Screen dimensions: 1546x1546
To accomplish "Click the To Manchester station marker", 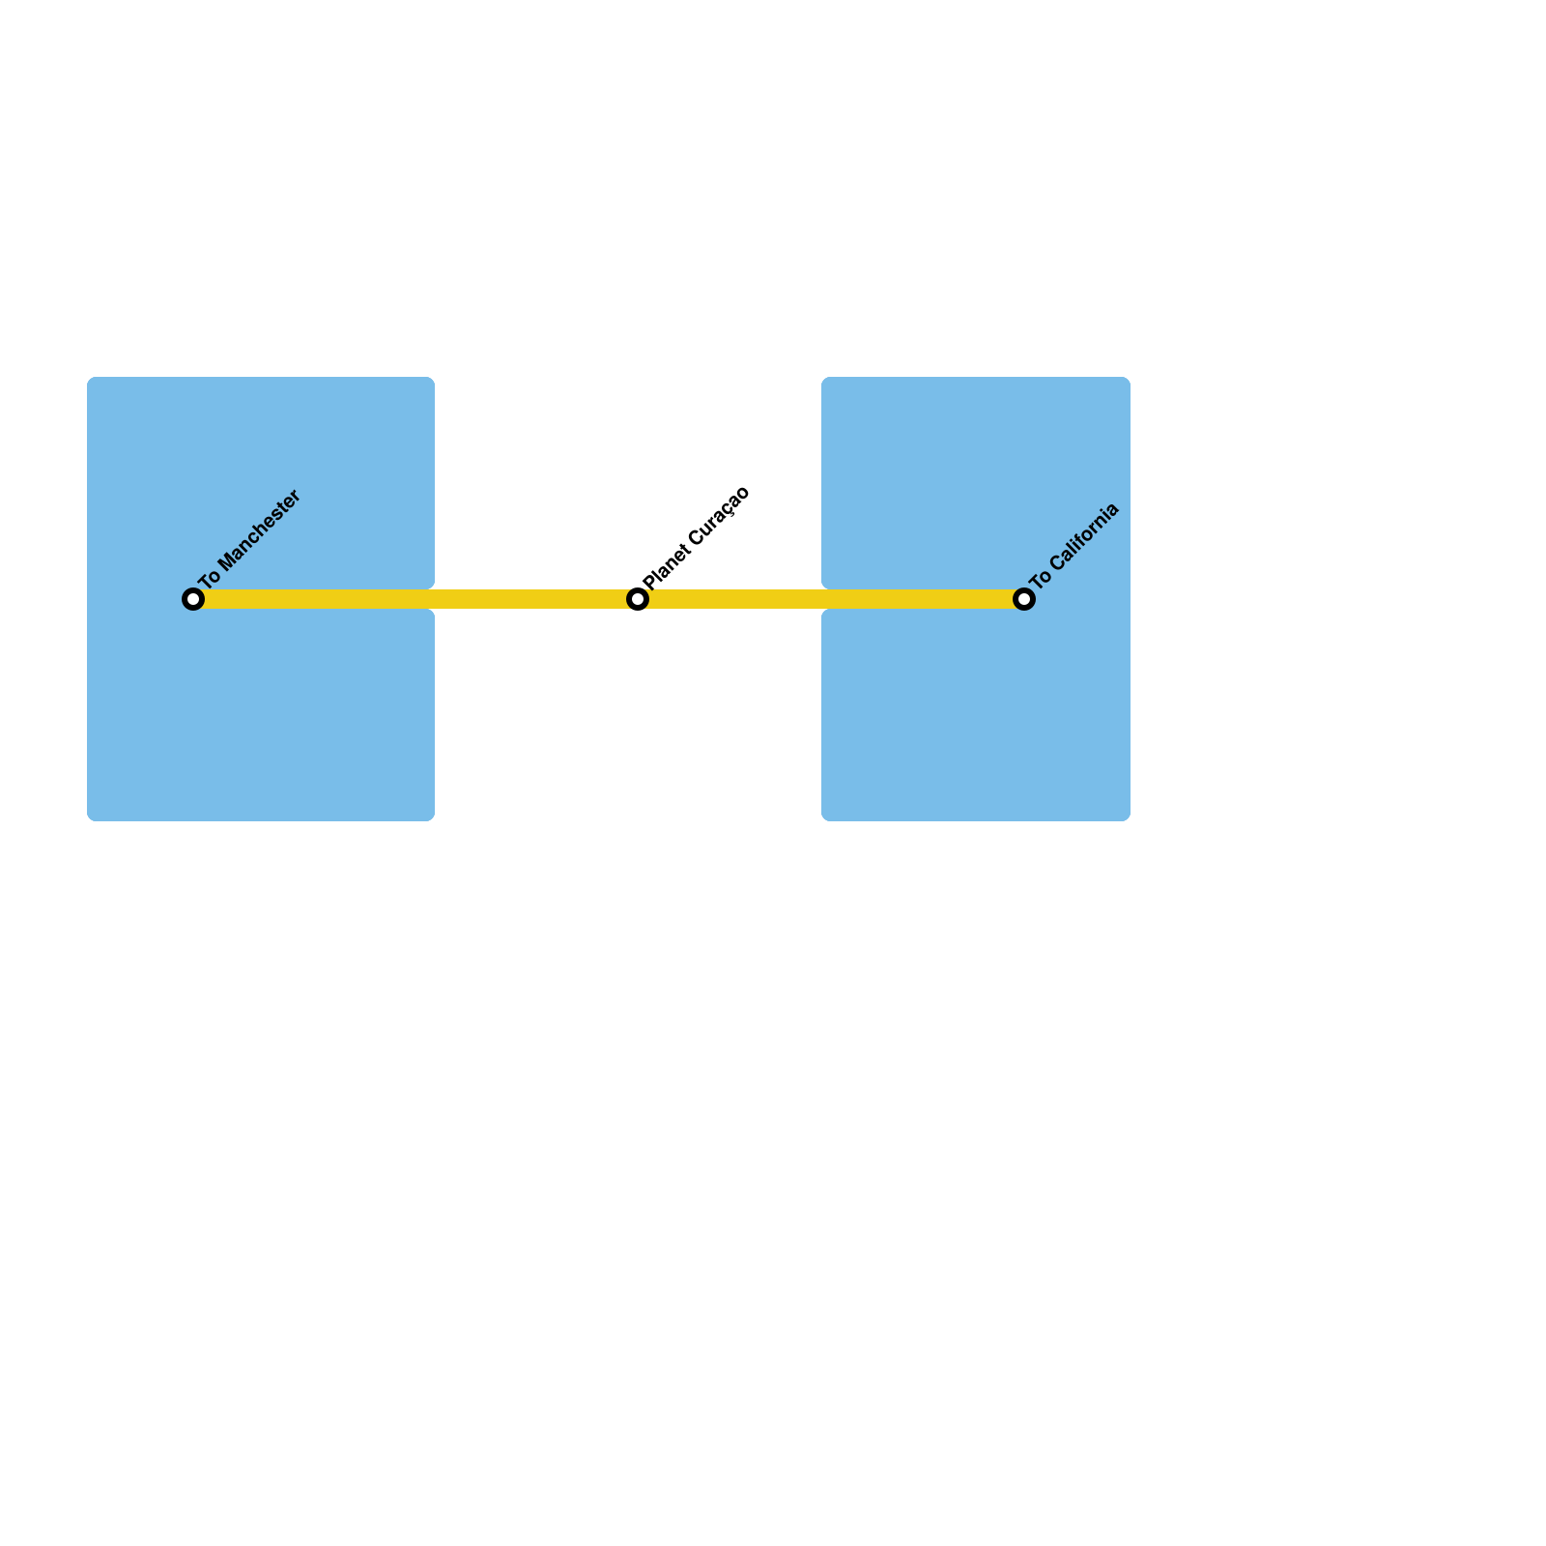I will [x=193, y=599].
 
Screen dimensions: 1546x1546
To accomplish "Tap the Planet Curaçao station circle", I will [x=638, y=599].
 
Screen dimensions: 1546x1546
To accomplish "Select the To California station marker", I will [x=1024, y=599].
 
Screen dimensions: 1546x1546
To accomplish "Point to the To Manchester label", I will [x=250, y=539].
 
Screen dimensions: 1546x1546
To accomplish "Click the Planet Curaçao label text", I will [x=697, y=536].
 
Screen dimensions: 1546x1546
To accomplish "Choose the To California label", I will [x=1074, y=546].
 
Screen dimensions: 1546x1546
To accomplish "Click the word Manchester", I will [x=262, y=528].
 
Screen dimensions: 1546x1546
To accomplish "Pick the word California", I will [x=1085, y=535].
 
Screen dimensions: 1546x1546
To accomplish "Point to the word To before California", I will [x=1040, y=580].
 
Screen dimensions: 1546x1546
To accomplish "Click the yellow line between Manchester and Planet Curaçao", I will [x=415, y=599].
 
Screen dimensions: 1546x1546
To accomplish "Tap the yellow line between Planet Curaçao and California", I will [x=831, y=599].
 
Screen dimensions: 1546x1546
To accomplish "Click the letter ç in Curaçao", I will [x=727, y=508].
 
